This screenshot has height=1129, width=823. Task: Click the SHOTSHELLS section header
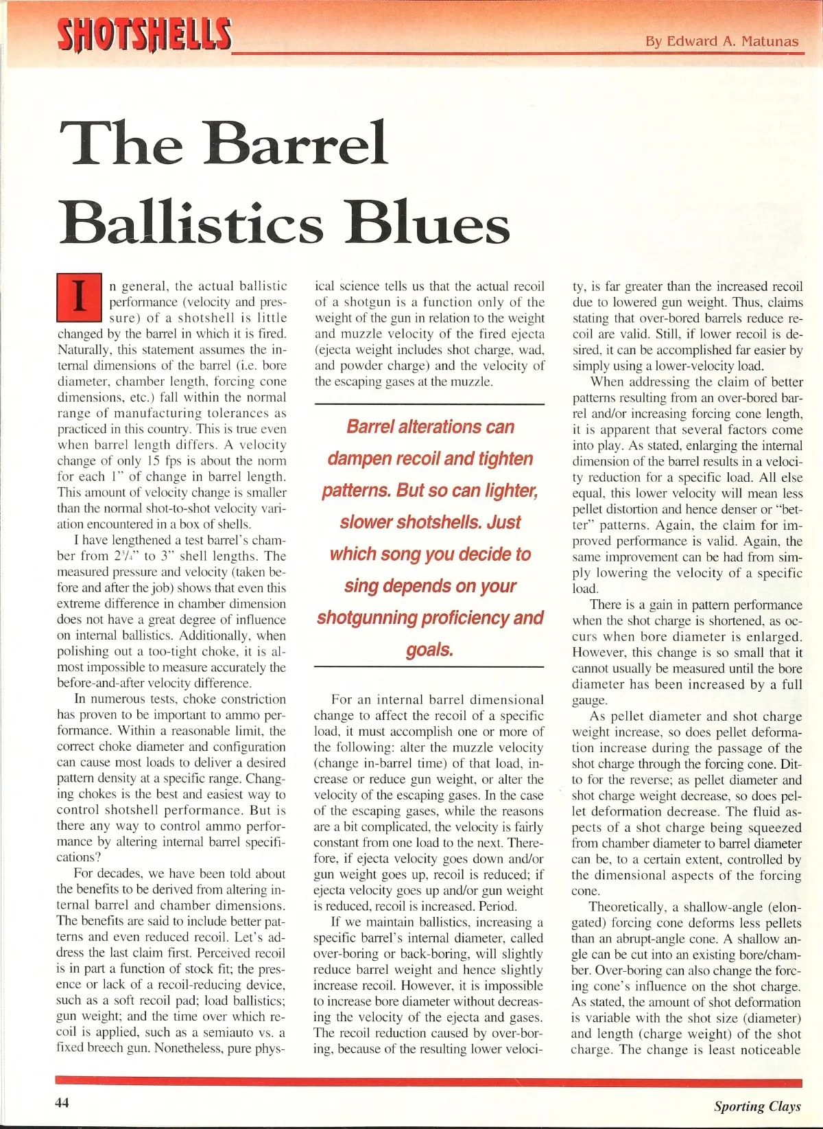point(144,34)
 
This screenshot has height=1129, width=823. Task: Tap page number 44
point(62,1103)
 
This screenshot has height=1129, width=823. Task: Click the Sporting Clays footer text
point(756,1106)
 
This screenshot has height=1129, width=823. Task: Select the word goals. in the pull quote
point(429,649)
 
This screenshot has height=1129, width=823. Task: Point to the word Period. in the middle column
point(497,906)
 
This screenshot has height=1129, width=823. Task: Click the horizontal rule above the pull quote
point(429,404)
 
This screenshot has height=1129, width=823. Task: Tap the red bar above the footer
point(429,1083)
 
